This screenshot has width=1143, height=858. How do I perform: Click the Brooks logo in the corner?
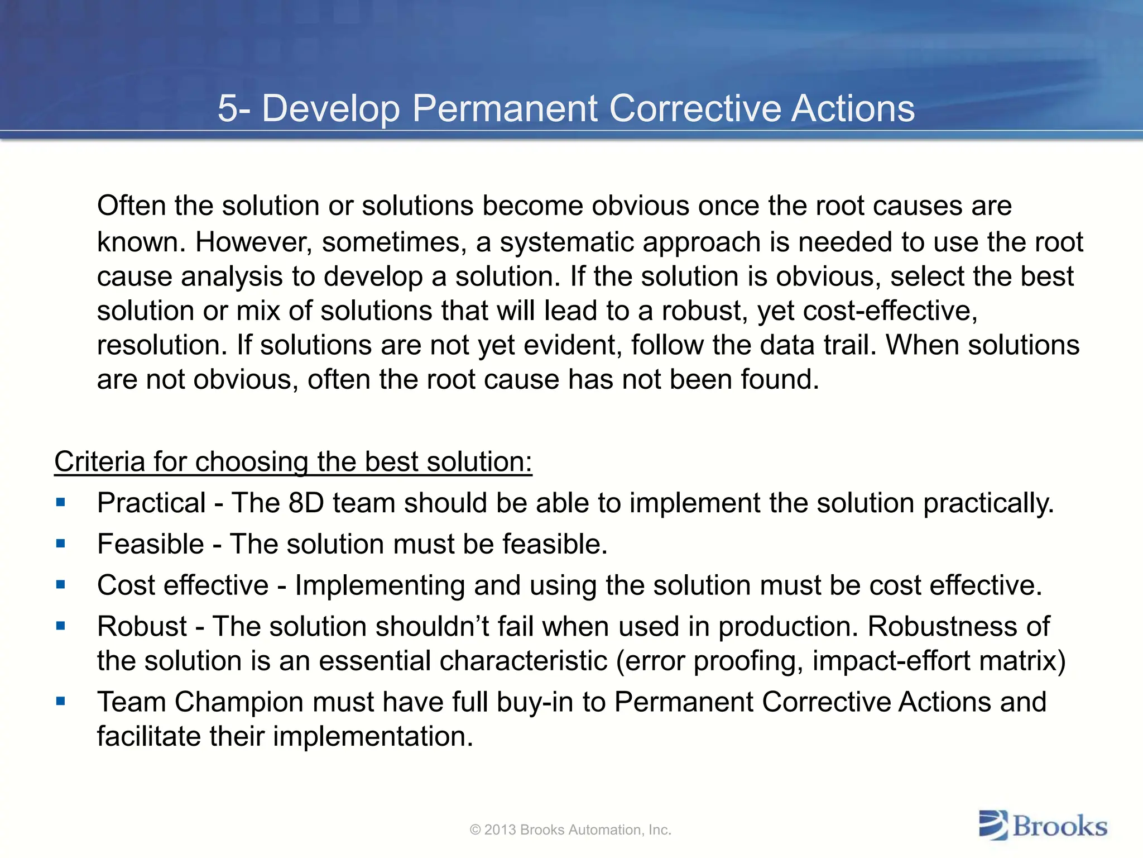click(1043, 826)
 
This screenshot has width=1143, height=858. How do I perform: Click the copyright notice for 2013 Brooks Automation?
click(570, 830)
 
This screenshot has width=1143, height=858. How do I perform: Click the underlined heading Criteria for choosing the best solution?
click(293, 462)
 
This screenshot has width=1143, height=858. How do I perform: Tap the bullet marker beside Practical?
click(61, 503)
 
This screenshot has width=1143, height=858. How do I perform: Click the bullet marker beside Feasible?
click(61, 544)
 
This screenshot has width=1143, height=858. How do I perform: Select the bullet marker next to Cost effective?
click(61, 585)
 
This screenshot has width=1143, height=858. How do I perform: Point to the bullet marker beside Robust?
click(61, 626)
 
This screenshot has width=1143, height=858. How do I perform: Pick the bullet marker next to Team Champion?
click(61, 702)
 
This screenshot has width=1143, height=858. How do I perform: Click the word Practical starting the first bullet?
click(151, 503)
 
